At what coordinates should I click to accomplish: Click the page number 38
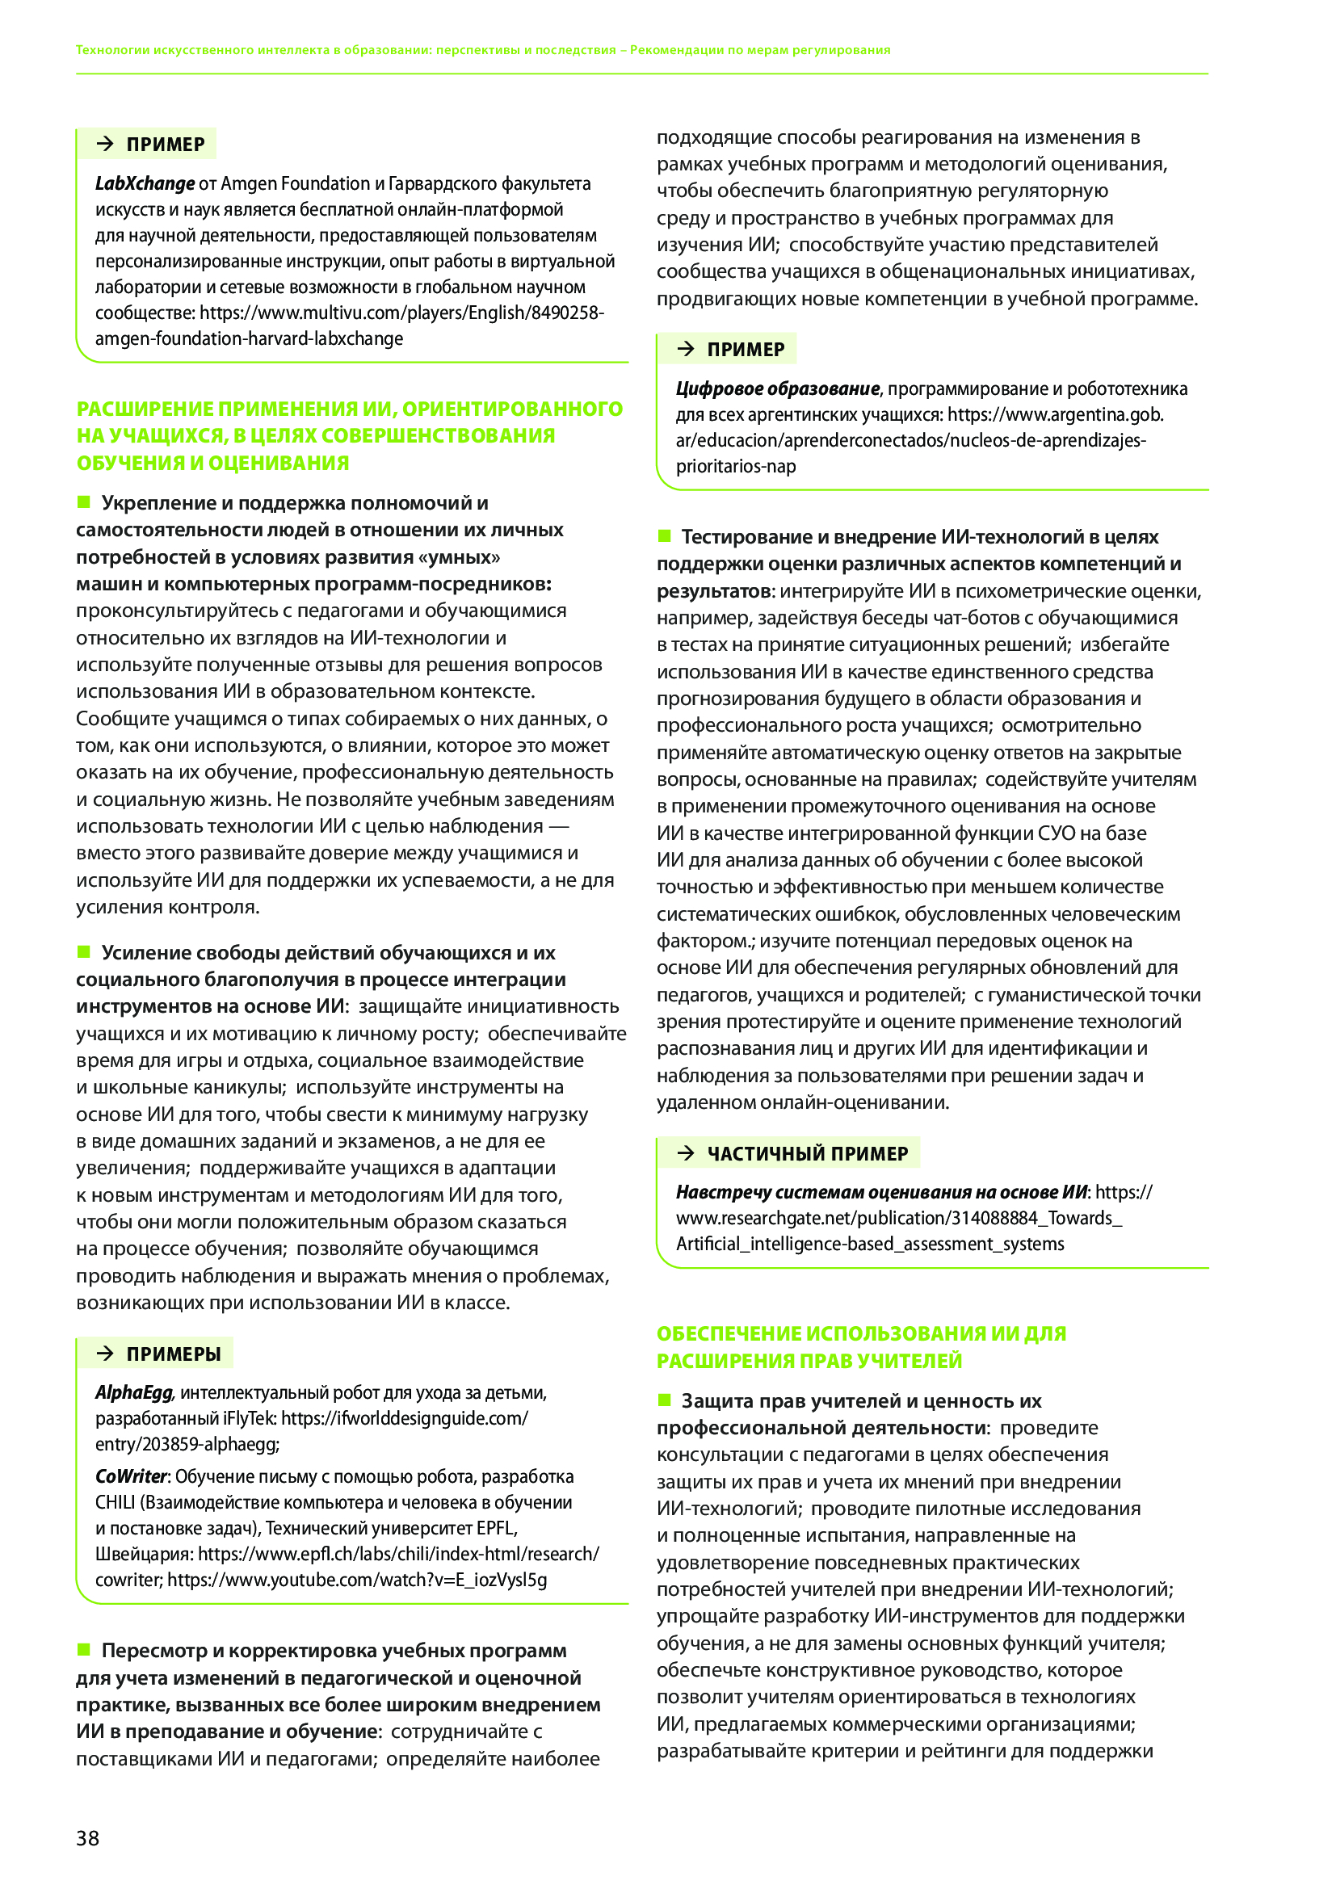point(87,1837)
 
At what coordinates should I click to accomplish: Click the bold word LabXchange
point(145,183)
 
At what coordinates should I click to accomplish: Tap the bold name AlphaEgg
point(133,1392)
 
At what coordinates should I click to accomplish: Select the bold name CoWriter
point(131,1476)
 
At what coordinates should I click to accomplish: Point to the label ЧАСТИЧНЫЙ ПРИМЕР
point(807,1153)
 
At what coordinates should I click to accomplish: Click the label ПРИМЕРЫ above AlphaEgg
point(174,1354)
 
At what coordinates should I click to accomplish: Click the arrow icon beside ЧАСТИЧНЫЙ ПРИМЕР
point(685,1153)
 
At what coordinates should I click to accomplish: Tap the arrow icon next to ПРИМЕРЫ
point(104,1354)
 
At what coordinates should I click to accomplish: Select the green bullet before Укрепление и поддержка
point(83,502)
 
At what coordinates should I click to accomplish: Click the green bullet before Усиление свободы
point(83,952)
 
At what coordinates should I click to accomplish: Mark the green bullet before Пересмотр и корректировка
point(83,1650)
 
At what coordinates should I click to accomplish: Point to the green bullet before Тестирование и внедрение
point(664,536)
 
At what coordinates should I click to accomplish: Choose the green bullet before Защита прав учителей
point(664,1400)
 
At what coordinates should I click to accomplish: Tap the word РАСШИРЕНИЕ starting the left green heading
point(145,409)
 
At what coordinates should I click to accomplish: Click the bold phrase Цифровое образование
point(777,388)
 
